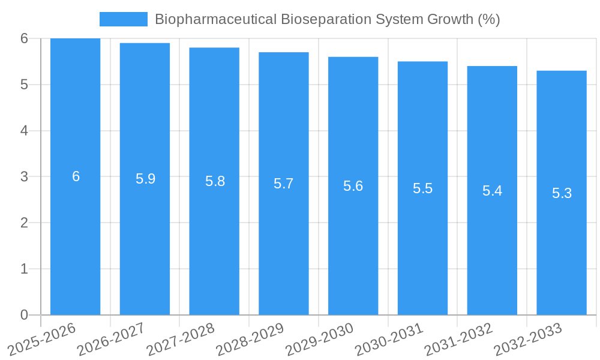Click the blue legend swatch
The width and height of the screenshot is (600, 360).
pos(123,19)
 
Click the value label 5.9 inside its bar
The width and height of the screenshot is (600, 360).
pos(145,179)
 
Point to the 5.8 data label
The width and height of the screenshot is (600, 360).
pos(215,181)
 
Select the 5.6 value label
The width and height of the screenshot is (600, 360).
pos(353,186)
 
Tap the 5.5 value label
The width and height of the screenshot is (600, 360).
pos(422,188)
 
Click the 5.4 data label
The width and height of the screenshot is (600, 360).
pos(492,191)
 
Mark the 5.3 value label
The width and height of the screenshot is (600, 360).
pos(562,193)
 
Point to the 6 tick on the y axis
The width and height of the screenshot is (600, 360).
pos(24,38)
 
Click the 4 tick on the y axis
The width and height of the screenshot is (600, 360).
pos(24,131)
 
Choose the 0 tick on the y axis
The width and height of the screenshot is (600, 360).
pos(24,315)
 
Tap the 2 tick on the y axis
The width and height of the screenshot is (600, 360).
pos(24,223)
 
